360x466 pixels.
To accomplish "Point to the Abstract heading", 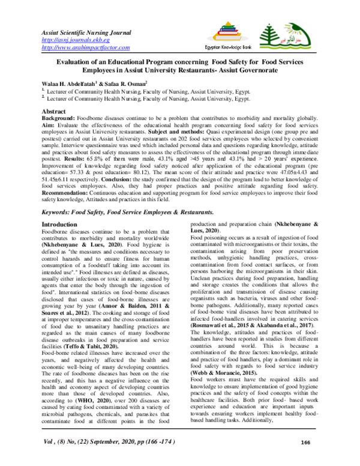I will click(53, 112).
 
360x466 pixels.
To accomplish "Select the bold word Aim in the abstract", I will click(48, 127).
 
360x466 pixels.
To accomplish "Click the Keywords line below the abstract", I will click(126, 212).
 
